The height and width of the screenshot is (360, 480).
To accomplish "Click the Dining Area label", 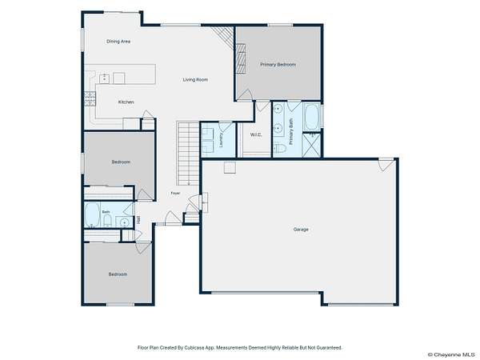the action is [118, 42].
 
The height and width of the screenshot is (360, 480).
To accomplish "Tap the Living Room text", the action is [195, 79].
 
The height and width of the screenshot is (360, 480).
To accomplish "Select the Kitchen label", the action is [126, 102].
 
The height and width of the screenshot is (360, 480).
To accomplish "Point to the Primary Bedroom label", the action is [278, 65].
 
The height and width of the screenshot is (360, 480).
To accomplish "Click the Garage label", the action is [301, 229].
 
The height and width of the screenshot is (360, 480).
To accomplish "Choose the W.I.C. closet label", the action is [256, 134].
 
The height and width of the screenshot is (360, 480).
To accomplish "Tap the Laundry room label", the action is [221, 139].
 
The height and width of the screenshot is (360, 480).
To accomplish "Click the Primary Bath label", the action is [291, 132].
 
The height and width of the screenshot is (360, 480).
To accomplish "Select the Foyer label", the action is [175, 193].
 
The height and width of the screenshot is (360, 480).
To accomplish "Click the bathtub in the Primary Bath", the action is [312, 118].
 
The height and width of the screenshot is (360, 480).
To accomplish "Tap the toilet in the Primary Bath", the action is [280, 149].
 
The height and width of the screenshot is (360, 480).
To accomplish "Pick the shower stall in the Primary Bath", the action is [311, 146].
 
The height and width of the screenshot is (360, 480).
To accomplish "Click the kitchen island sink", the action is [105, 78].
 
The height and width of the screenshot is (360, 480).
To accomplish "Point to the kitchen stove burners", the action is [90, 98].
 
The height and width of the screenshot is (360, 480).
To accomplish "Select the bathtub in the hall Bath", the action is [92, 215].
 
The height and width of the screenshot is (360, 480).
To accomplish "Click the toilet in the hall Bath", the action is [107, 221].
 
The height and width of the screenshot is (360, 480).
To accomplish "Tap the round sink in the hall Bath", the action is [124, 222].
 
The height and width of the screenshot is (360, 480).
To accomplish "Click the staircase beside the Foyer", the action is [188, 154].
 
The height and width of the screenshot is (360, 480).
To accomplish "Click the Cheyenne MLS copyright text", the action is [451, 354].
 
